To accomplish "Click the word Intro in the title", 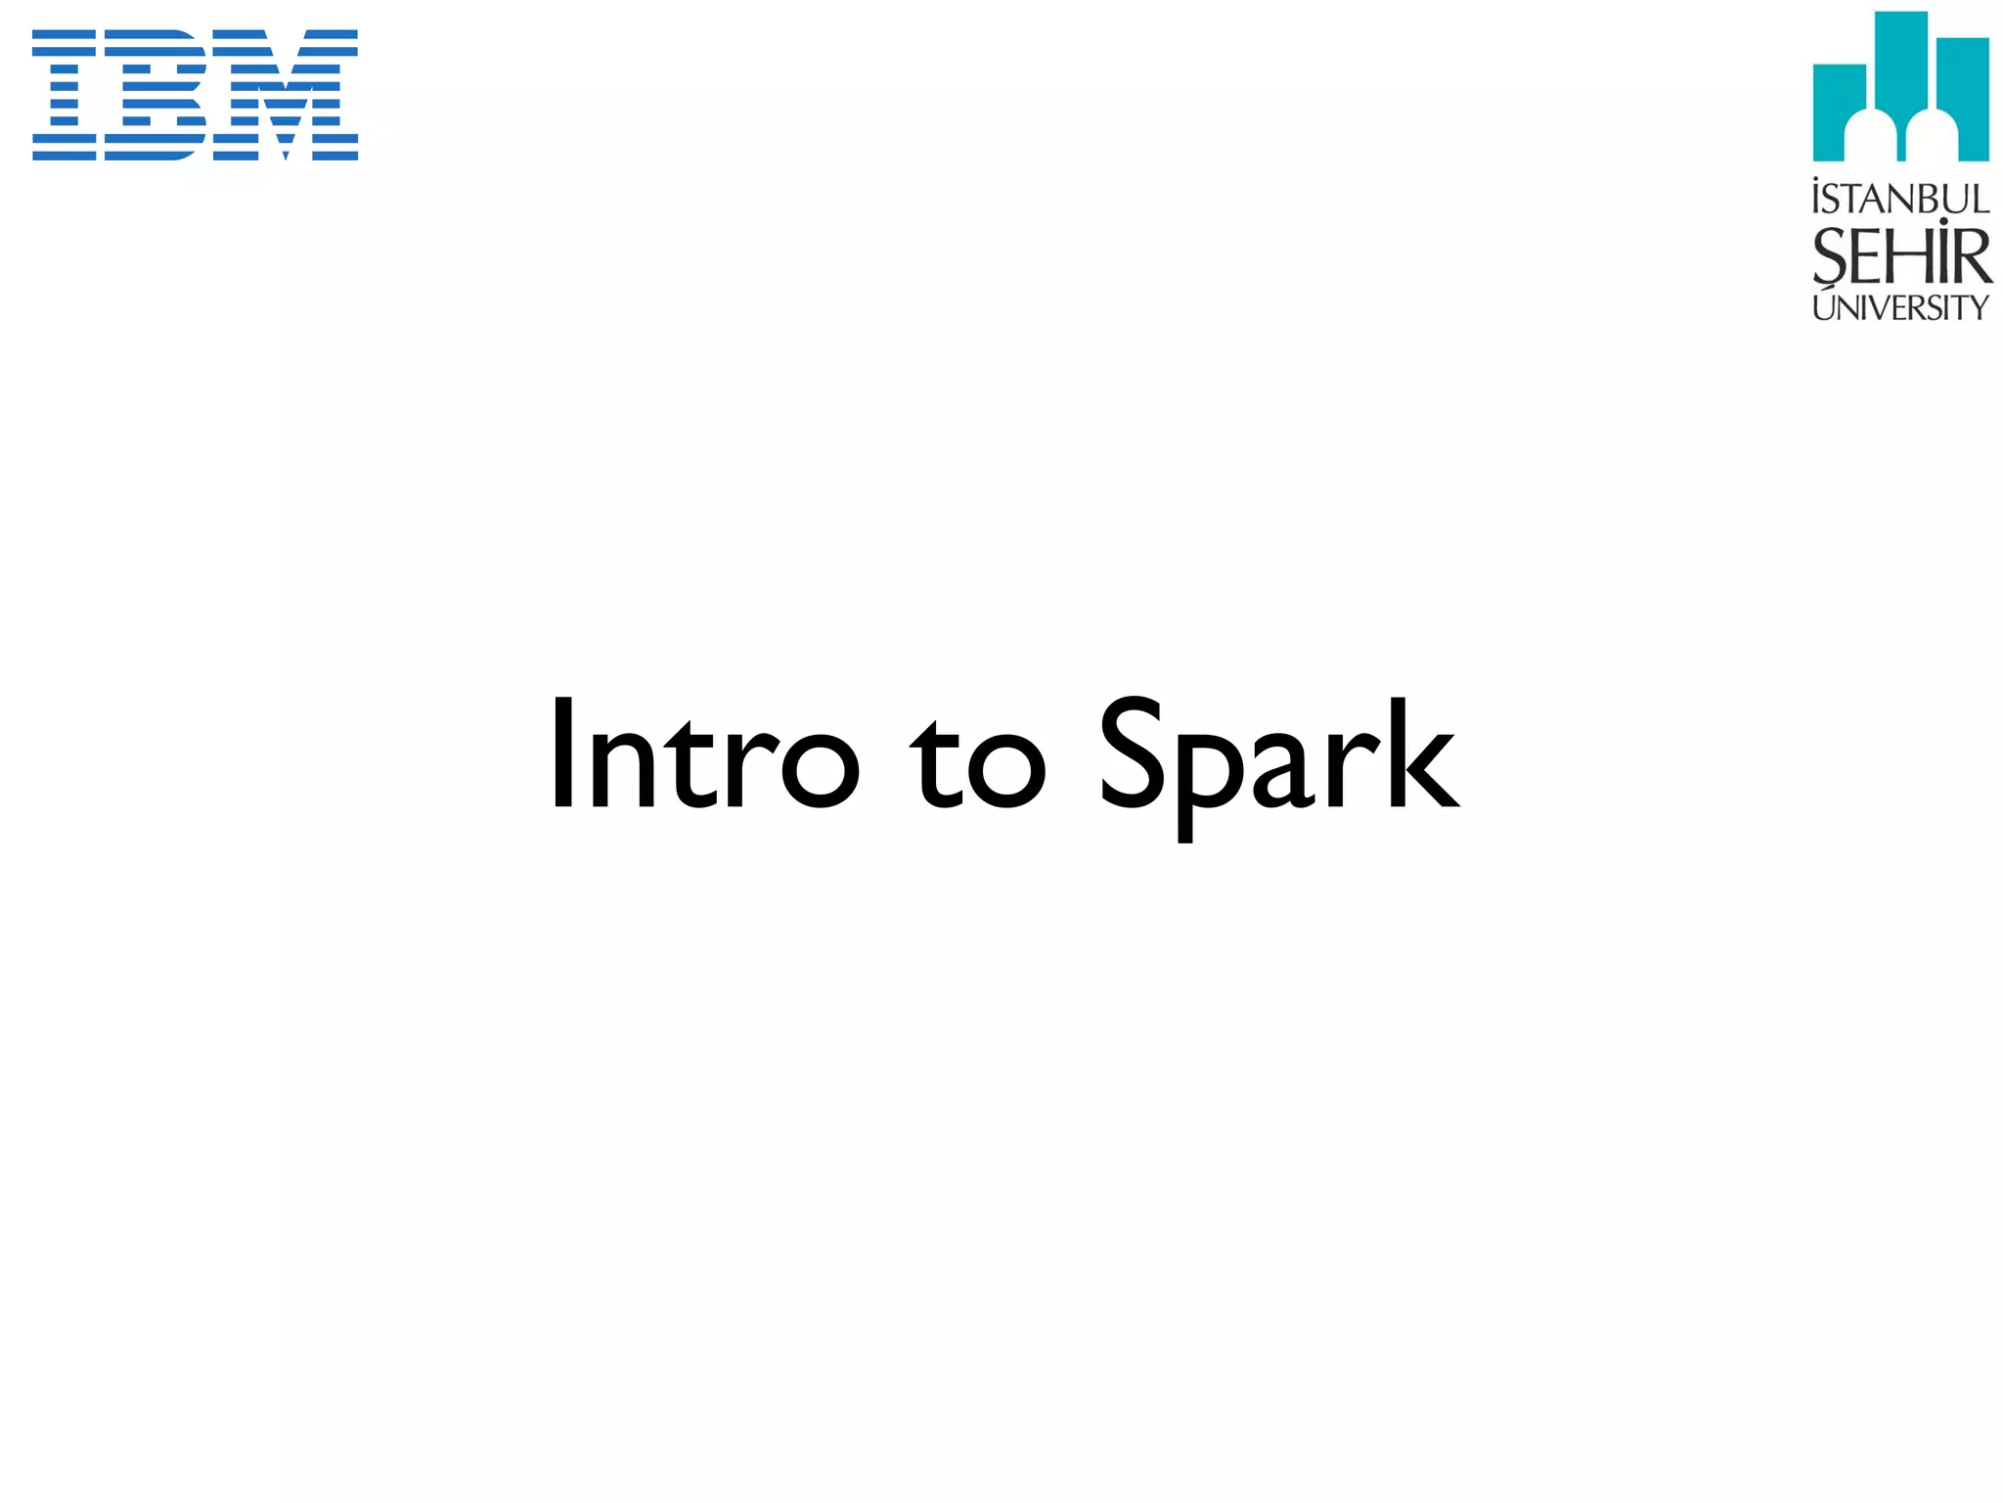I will pos(703,753).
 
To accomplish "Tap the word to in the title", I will pos(978,763).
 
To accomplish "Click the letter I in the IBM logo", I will pos(65,95).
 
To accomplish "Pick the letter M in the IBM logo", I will pos(285,95).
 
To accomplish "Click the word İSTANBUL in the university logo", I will pos(1900,199).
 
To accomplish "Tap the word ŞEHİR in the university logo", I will pos(1901,256).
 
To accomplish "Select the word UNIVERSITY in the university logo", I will pos(1900,307).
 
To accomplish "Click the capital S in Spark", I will pos(1133,753).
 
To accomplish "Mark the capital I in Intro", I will pos(562,753).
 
